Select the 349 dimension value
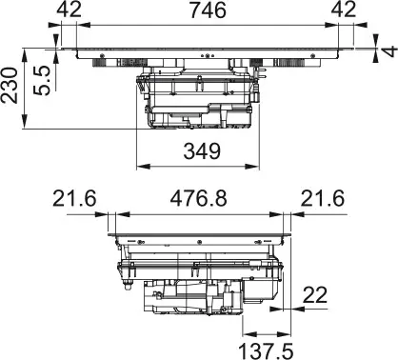tap(200, 150)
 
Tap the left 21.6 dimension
tap(76, 200)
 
